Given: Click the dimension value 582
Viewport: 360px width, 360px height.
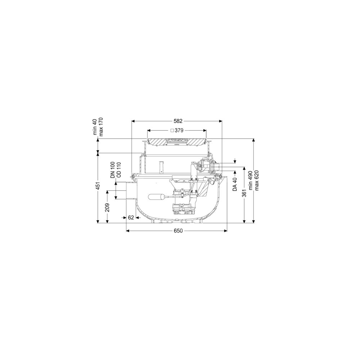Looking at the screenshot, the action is point(178,121).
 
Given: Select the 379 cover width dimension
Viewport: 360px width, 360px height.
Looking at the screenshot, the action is point(179,130).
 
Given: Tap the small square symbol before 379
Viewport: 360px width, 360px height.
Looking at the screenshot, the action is point(172,130).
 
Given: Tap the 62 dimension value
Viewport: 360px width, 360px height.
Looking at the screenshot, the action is point(131,217).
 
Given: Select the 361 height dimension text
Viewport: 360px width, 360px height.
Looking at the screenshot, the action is point(244,193).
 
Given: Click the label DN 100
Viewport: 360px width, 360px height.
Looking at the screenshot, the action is point(113,170).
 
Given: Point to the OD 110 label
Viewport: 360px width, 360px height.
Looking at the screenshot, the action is point(118,170).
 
